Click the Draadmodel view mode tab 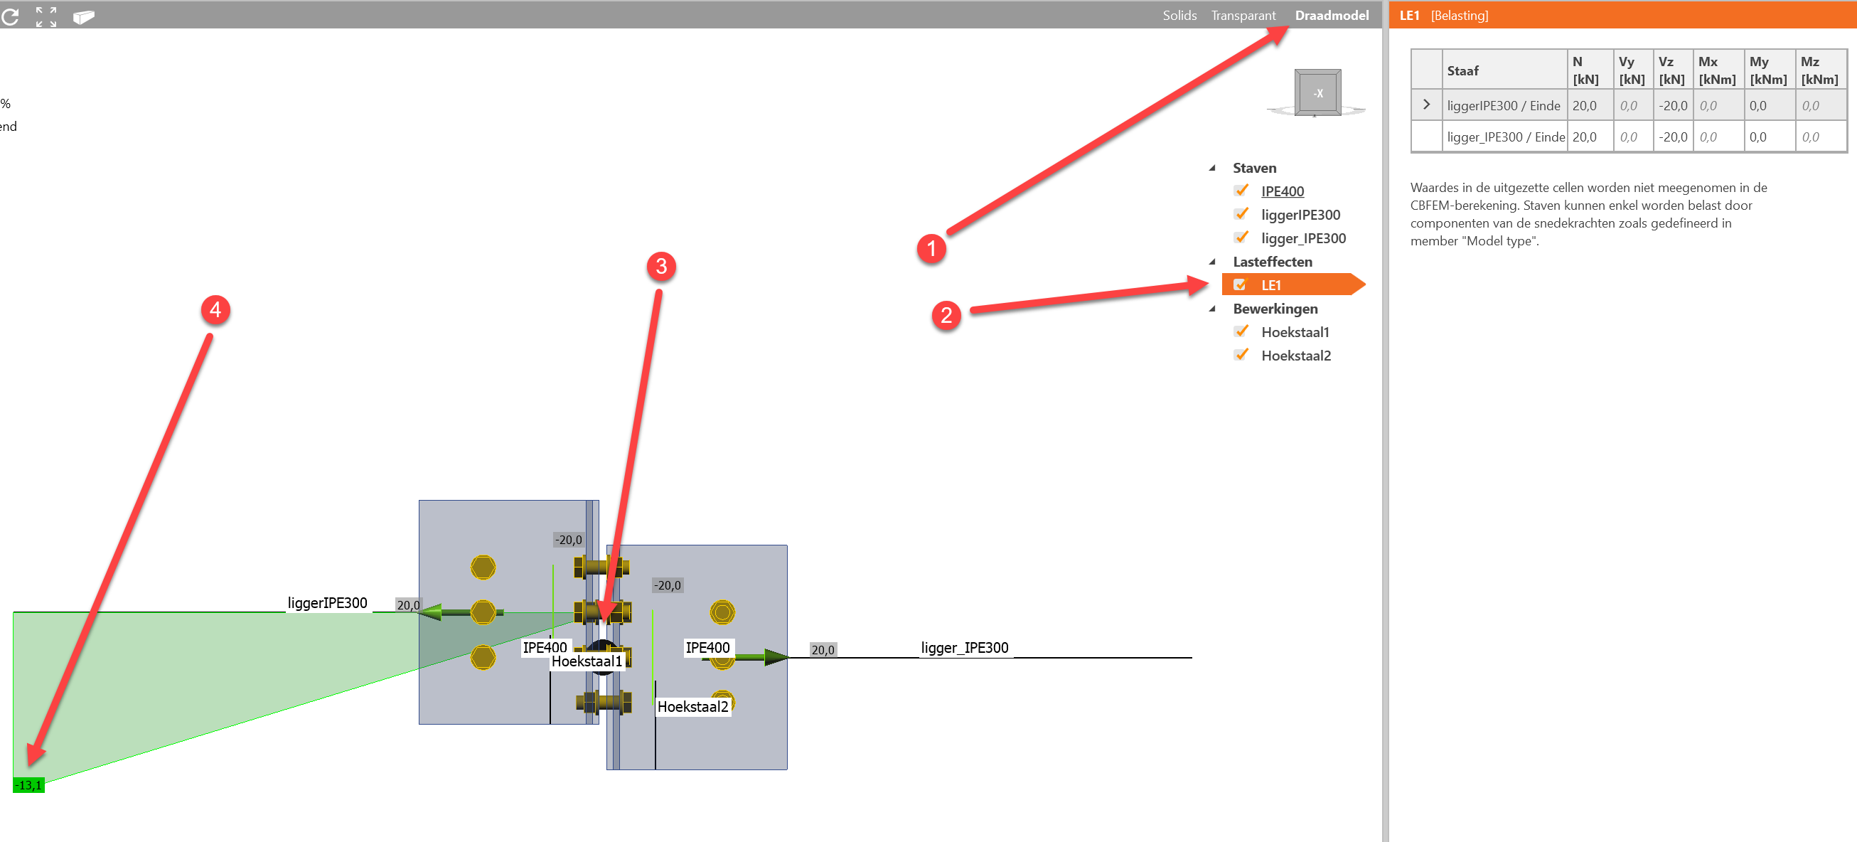(1331, 15)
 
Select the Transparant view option (1243, 15)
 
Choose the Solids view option (1179, 15)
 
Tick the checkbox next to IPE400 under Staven (1241, 191)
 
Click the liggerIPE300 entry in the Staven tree (1300, 215)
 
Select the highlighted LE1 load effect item (1270, 285)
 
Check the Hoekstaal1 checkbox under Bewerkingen (1241, 332)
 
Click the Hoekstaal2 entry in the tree (1295, 356)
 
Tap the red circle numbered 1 (931, 249)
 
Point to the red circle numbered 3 (660, 267)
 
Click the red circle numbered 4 (215, 310)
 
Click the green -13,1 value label (29, 785)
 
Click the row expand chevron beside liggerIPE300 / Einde (1425, 105)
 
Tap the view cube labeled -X (1317, 93)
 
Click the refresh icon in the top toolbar (10, 16)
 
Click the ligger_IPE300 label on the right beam (964, 647)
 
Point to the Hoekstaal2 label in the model (692, 706)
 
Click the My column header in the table (1767, 70)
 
